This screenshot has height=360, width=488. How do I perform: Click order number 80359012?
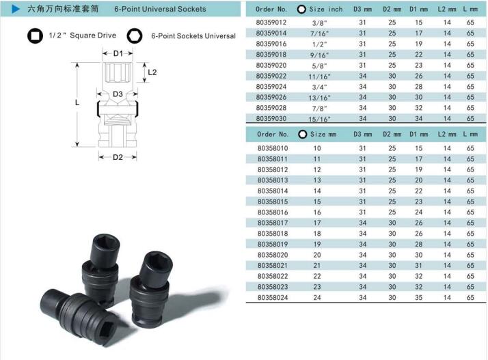pos(271,23)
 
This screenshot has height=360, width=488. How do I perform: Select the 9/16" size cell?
pos(319,55)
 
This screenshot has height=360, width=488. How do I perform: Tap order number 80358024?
pos(273,297)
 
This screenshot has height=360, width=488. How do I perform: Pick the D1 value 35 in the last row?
pos(418,297)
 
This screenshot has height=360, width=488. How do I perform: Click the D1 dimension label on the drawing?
pos(118,53)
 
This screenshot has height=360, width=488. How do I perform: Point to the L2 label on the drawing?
pos(152,72)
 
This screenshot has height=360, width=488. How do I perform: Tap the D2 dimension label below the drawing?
pos(118,157)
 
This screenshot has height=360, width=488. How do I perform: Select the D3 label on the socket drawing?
pos(118,94)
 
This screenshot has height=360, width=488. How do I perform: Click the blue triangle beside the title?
pos(16,9)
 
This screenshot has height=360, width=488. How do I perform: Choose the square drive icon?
pos(35,36)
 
